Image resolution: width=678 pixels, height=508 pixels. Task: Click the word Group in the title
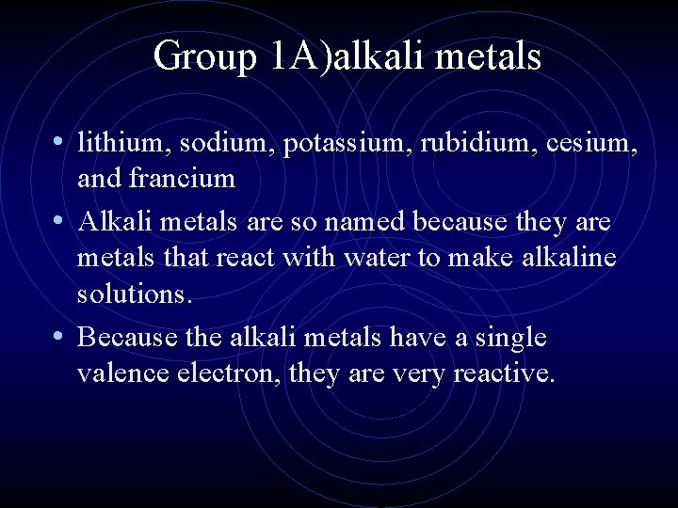[203, 57]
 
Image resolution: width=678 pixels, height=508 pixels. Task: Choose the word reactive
[504, 373]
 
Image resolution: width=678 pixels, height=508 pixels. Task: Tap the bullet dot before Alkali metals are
[59, 221]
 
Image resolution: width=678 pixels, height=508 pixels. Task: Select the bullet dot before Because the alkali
[59, 335]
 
